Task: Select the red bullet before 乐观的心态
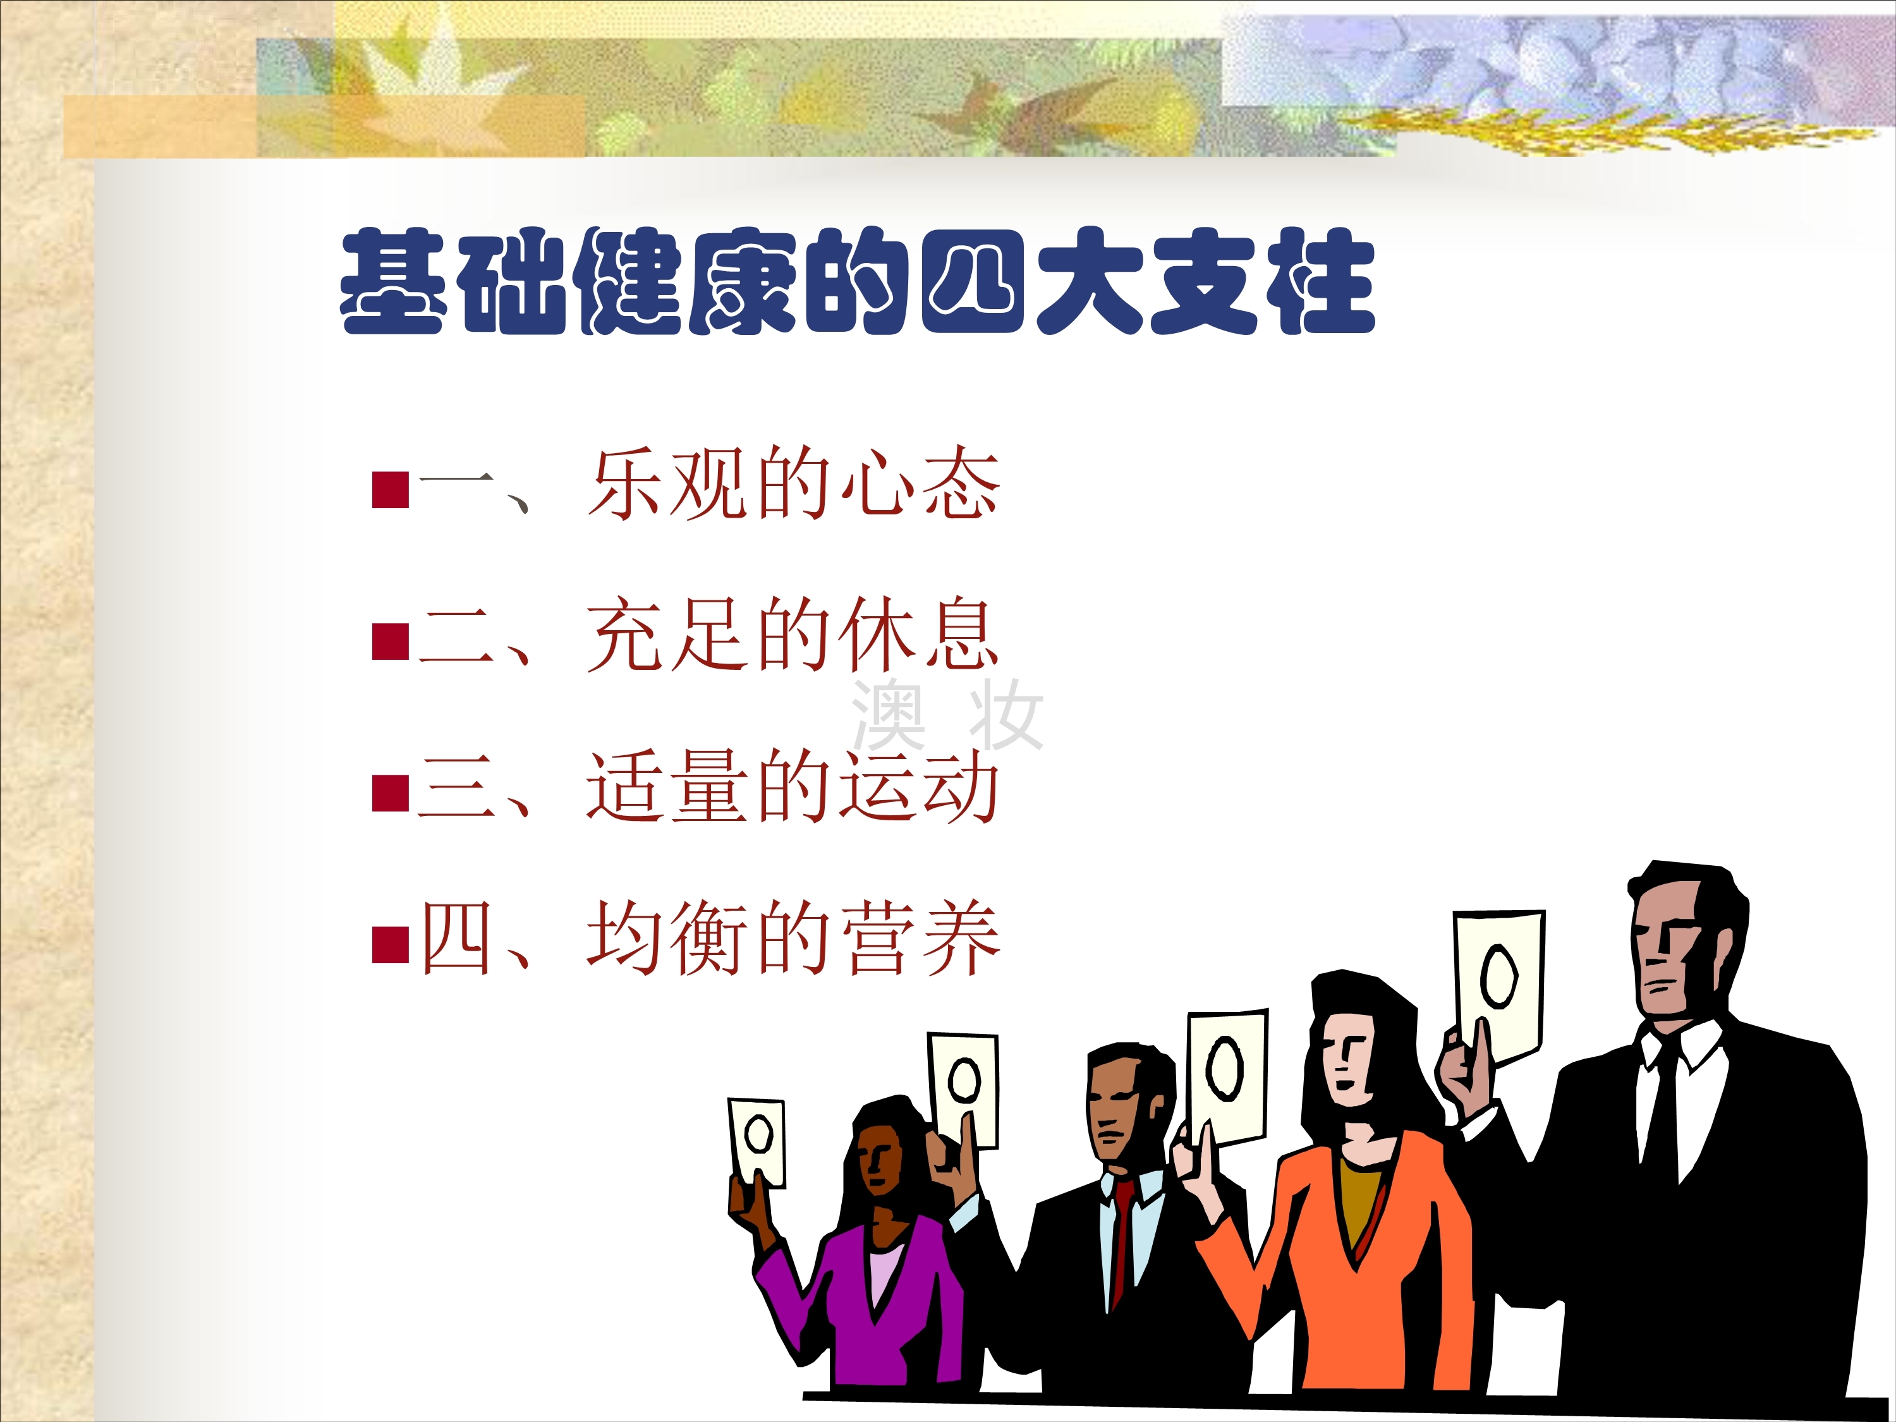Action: click(x=390, y=489)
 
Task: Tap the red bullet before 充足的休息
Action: click(x=390, y=641)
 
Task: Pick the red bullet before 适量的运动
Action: click(x=390, y=793)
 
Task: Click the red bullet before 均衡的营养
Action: click(x=390, y=945)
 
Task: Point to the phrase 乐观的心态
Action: click(x=794, y=483)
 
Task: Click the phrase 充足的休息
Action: click(x=794, y=635)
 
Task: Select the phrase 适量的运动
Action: click(x=794, y=787)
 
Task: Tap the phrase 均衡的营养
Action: click(x=794, y=939)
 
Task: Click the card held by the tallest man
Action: click(x=1499, y=987)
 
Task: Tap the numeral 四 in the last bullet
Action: click(x=458, y=939)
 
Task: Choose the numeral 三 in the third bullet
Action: click(x=458, y=787)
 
